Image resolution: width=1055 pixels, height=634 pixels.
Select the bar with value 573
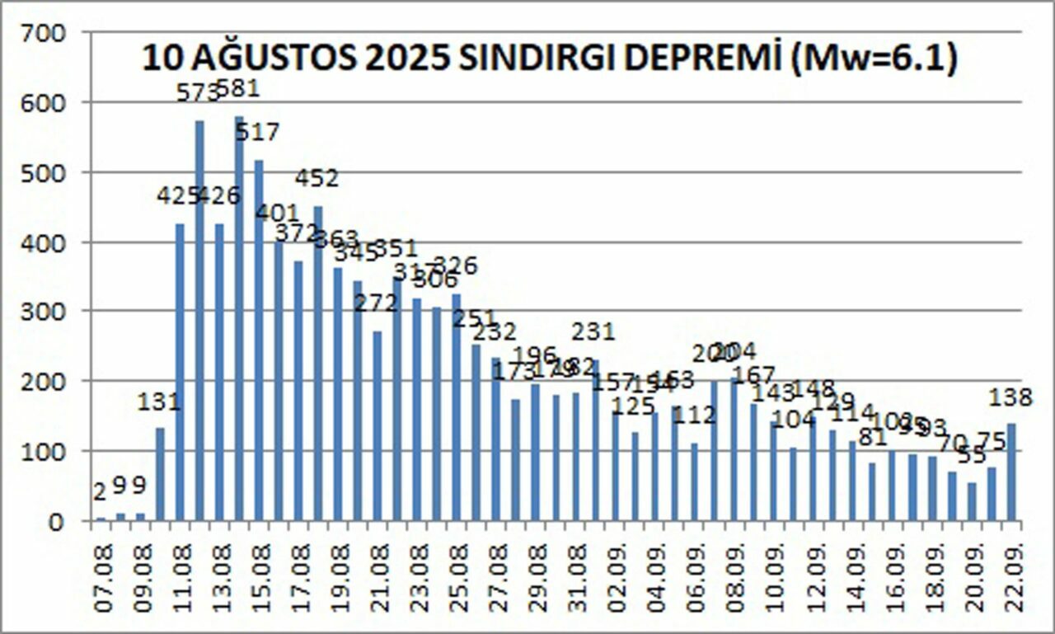pos(199,322)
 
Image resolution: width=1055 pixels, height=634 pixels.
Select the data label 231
pos(593,331)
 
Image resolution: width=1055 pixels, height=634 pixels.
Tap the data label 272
pos(376,303)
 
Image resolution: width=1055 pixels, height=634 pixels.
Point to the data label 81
pos(873,437)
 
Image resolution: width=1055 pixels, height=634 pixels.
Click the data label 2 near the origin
pos(100,492)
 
